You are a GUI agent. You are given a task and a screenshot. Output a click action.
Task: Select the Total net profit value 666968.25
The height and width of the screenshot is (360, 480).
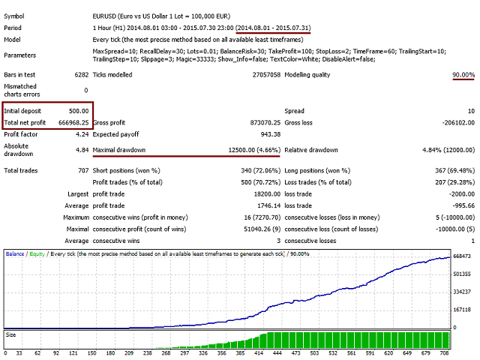coord(71,122)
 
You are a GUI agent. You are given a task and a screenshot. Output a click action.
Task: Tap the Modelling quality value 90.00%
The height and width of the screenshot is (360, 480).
coord(463,75)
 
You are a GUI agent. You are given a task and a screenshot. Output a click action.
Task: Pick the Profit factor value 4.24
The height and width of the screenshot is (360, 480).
coord(82,134)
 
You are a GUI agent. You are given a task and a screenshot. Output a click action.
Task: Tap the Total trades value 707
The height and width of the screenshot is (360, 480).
coord(82,170)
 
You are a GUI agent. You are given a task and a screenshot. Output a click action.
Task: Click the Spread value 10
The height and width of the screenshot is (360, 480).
coord(470,111)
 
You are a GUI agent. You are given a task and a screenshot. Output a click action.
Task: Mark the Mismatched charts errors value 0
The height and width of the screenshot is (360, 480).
coord(85,91)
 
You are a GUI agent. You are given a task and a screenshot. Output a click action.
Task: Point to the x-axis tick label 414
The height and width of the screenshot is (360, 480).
coord(280,352)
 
